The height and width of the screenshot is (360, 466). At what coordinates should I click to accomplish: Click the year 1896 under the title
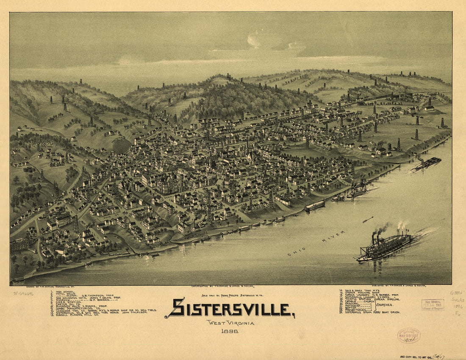pos(230,331)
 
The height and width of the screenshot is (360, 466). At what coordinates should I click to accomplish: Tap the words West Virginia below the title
pos(230,323)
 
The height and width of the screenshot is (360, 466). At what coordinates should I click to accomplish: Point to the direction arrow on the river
pos(368,219)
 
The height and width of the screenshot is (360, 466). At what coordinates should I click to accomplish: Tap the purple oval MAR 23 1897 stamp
pos(409,335)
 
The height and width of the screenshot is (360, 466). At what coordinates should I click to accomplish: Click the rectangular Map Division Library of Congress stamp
pos(433,305)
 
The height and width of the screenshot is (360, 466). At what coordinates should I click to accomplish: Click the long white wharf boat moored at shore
pos(314,206)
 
